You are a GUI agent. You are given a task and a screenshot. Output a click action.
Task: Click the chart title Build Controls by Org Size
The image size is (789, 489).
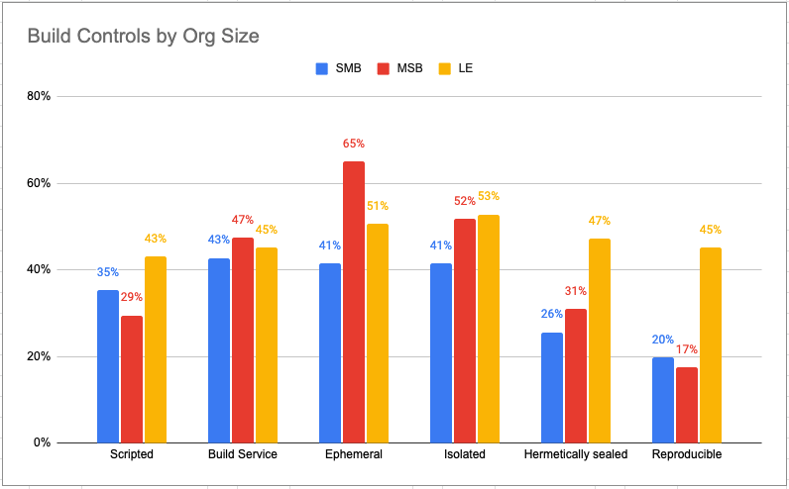click(x=143, y=38)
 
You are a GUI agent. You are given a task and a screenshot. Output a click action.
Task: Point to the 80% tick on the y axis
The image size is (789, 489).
click(x=39, y=97)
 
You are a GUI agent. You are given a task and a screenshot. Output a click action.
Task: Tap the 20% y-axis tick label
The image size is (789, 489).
click(x=39, y=356)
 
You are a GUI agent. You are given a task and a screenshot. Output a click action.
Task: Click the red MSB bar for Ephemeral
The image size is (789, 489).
click(x=354, y=302)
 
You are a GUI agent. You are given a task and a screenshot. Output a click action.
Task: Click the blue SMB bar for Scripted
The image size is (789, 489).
click(x=108, y=366)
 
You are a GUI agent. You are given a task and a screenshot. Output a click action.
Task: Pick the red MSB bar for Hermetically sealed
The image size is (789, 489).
click(x=576, y=375)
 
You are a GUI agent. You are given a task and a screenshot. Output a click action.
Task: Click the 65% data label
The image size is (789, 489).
click(x=354, y=144)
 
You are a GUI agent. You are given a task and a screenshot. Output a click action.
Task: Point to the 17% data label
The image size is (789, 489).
click(x=687, y=349)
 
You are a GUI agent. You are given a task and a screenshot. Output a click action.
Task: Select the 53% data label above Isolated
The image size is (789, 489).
click(x=488, y=197)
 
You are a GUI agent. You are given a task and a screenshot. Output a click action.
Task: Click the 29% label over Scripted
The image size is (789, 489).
click(x=132, y=297)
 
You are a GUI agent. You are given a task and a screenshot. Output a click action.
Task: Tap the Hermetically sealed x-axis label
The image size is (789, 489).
click(x=576, y=454)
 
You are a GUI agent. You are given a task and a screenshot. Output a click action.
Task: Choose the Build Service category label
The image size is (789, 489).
click(x=243, y=454)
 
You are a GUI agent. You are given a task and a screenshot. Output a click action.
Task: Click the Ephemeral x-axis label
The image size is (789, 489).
click(x=354, y=454)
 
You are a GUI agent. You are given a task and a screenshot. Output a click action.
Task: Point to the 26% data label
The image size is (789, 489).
click(x=552, y=315)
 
